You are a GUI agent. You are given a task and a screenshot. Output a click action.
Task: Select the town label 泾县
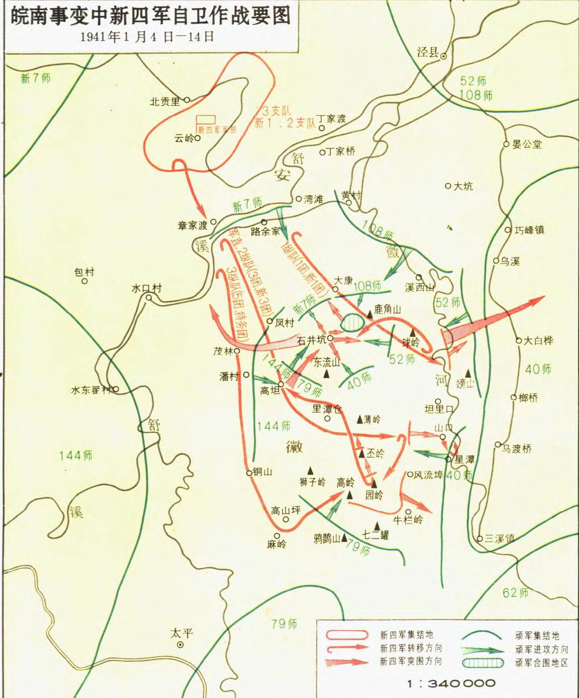(427, 52)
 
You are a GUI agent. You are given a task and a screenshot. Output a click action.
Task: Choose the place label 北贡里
(165, 102)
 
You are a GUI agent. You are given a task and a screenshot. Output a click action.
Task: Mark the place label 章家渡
(192, 225)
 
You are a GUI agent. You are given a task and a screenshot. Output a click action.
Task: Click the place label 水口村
(147, 289)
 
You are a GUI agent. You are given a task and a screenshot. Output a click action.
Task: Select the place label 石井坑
(312, 340)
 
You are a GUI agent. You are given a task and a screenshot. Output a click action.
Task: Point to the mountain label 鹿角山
(387, 310)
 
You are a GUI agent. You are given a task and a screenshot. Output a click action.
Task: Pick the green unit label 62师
(516, 593)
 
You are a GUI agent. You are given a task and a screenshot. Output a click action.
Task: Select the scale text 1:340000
(451, 684)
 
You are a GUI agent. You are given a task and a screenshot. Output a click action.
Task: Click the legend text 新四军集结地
(407, 635)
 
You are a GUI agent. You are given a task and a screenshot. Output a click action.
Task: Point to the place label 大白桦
(538, 341)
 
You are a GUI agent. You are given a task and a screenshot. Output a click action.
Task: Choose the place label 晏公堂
(527, 144)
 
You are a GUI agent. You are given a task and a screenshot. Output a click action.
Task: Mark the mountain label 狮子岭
(312, 482)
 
